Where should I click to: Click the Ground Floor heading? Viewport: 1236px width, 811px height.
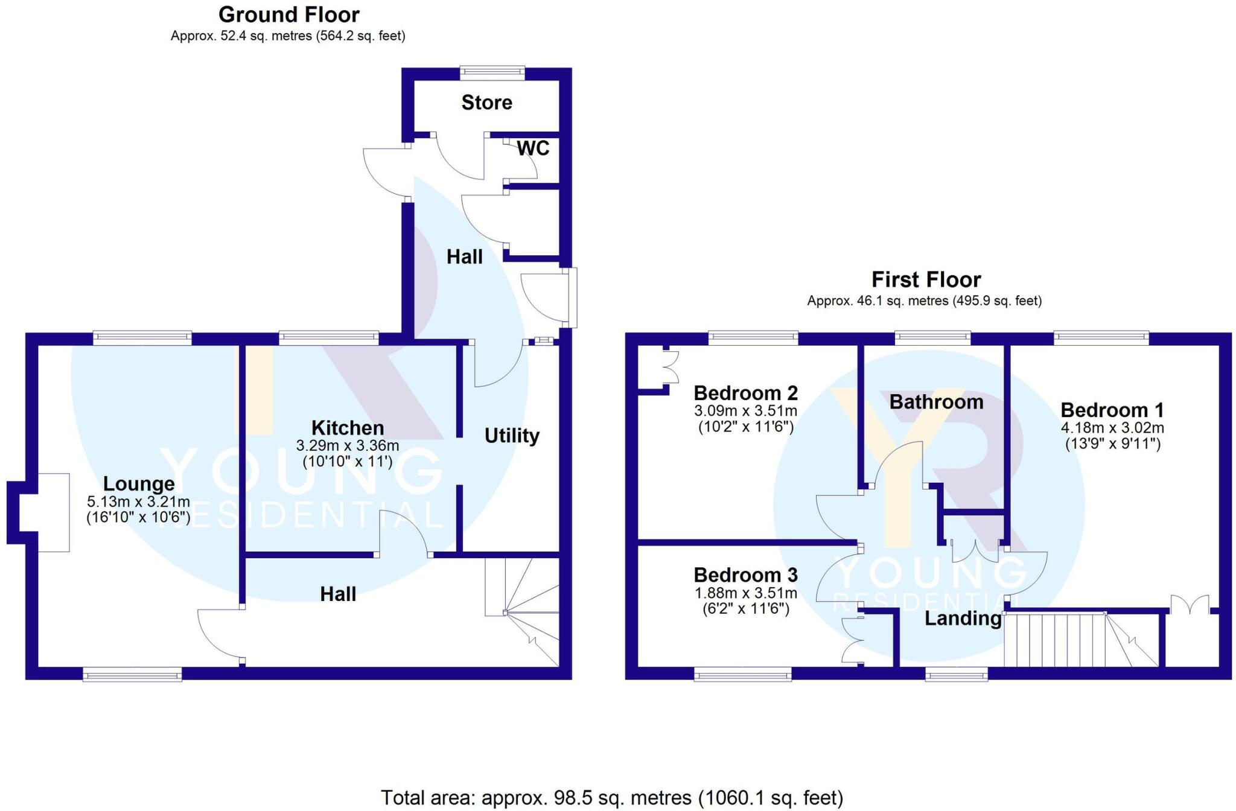coord(288,14)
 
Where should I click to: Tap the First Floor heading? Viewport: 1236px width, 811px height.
coord(926,280)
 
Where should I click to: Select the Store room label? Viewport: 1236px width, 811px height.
coord(486,103)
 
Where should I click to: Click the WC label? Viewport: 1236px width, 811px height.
coord(533,148)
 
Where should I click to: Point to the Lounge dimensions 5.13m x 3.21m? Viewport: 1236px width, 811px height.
coord(138,501)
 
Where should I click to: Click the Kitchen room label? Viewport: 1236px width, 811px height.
coord(348,428)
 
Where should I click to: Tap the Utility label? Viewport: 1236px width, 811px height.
coord(512,435)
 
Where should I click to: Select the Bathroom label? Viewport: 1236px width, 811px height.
coord(936,402)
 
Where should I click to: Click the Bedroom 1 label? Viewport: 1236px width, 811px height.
coord(1112,410)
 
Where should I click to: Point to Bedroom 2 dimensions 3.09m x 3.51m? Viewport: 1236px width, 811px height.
coord(745,412)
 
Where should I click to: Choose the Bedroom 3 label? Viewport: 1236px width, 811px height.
coord(745,574)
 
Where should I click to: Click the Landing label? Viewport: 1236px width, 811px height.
coord(963,619)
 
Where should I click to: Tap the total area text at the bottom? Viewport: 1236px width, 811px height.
coord(611,798)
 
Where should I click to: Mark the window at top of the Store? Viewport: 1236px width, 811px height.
coord(492,73)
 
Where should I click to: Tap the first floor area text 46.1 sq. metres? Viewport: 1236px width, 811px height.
coord(924,301)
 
